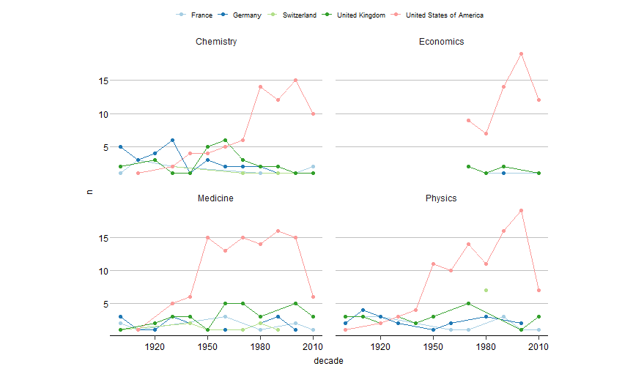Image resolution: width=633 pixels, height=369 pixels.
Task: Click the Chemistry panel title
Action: (216, 42)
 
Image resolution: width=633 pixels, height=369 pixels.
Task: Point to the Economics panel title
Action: (441, 42)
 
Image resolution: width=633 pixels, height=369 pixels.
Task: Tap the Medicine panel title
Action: (216, 198)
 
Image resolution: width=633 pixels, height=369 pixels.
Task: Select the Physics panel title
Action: (441, 198)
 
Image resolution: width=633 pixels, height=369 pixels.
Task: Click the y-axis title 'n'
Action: (90, 192)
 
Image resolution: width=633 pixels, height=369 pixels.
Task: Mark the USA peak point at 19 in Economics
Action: (521, 53)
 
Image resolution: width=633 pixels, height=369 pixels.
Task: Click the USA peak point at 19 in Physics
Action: (521, 211)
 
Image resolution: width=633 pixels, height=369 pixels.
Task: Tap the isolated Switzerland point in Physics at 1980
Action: (486, 291)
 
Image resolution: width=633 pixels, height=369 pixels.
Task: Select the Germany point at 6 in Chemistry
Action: (173, 141)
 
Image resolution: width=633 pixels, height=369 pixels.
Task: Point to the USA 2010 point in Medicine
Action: (313, 297)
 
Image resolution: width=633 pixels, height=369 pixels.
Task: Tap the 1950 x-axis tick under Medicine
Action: (208, 346)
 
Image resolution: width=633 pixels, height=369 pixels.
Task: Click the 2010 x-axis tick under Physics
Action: (538, 346)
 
